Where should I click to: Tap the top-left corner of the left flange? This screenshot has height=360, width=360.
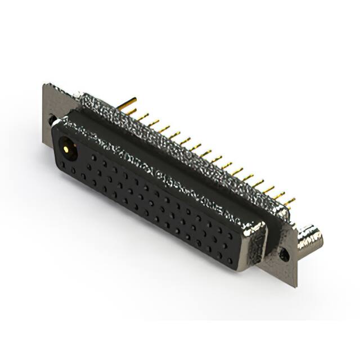(x=45, y=84)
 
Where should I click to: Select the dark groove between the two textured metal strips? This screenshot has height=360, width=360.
(x=169, y=149)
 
